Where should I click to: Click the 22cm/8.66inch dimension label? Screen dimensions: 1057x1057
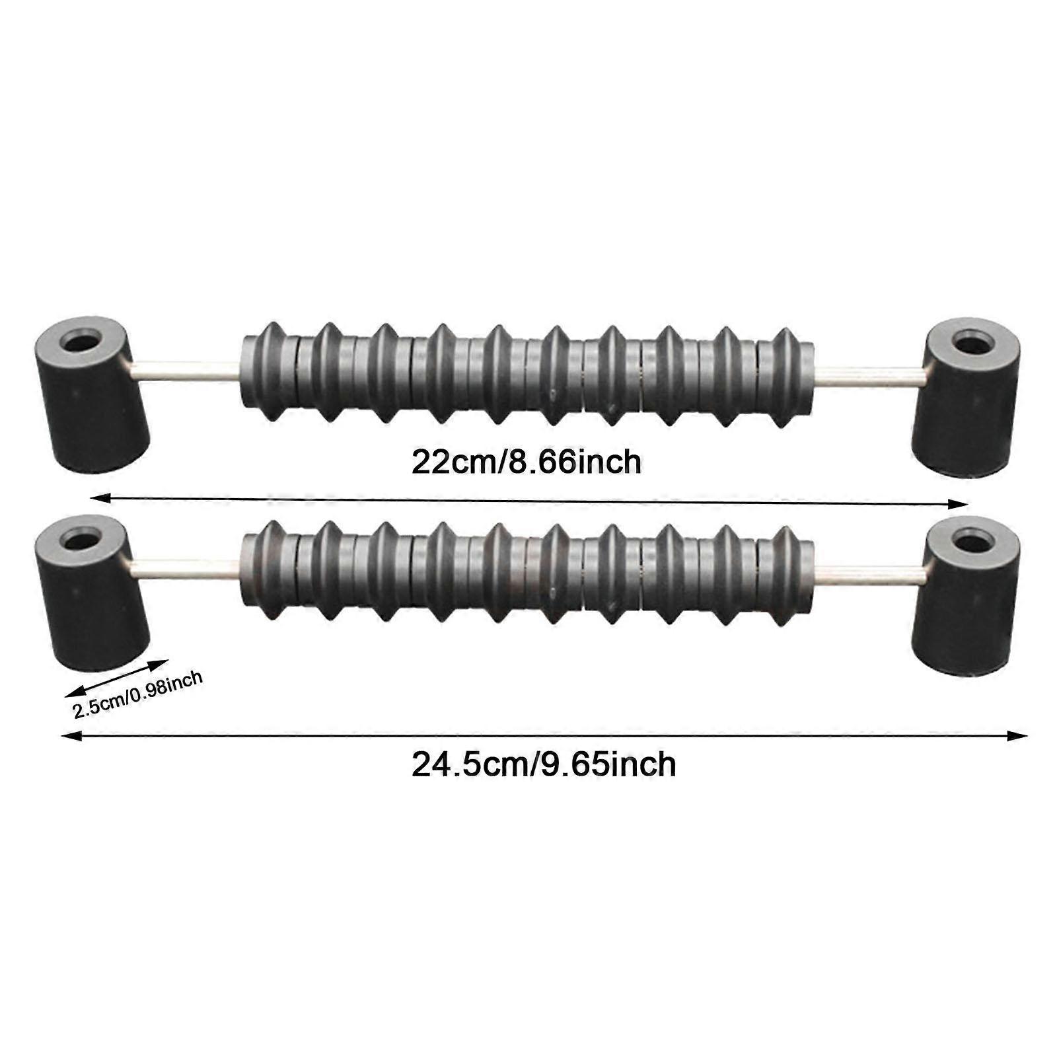[x=527, y=462]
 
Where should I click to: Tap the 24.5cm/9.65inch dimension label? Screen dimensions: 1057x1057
[x=544, y=765]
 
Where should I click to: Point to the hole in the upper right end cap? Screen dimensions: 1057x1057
[x=973, y=344]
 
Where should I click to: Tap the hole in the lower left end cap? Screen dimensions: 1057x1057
[x=81, y=541]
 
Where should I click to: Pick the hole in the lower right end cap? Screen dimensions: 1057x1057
[x=973, y=543]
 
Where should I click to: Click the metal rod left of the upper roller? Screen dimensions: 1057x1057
[x=185, y=371]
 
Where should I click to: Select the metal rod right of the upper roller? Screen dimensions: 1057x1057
[x=870, y=376]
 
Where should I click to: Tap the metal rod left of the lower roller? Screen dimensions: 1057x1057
[x=185, y=568]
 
